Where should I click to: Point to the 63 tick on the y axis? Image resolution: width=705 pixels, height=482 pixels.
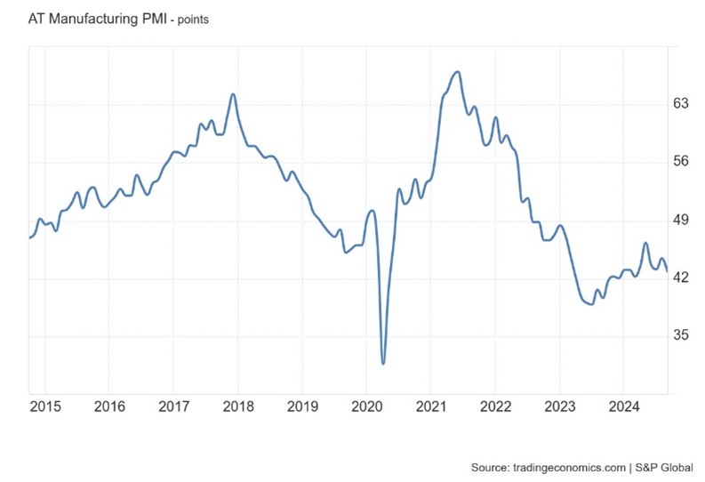coord(682,103)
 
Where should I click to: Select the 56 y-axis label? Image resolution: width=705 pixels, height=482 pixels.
coord(682,162)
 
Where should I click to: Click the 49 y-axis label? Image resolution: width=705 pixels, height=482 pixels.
coord(682,220)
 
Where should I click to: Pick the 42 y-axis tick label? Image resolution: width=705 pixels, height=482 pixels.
coord(682,278)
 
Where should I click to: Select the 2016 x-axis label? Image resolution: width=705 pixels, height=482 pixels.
coord(108,408)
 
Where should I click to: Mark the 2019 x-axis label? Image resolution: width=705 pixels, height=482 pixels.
coord(302,408)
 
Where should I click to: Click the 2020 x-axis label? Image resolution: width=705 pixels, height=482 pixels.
coord(366,408)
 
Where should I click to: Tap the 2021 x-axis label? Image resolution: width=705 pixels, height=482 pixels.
coord(431,408)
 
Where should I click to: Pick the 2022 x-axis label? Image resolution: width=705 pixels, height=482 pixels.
coord(495,408)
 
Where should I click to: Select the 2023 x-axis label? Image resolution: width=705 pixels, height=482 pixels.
coord(560,408)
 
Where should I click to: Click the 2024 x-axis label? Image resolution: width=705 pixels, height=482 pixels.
coord(624,408)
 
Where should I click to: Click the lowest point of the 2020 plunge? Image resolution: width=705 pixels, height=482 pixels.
coord(383,363)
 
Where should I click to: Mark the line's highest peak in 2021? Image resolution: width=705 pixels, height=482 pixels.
coord(457,72)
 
